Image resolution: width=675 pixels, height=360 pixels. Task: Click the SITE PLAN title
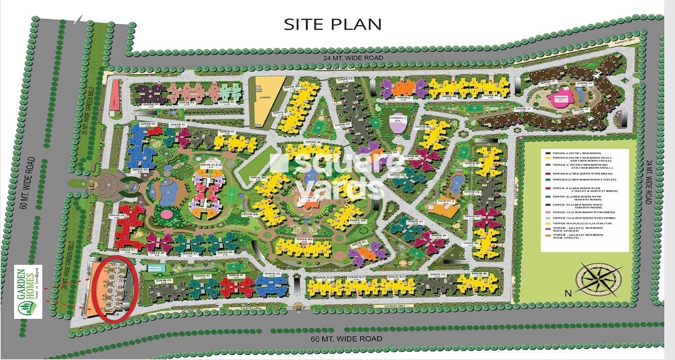pos(332,24)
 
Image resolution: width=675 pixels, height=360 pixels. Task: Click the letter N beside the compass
pos(568,293)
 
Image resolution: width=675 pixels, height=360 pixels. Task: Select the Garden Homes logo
pos(28,291)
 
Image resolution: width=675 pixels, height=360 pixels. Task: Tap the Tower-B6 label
pos(479,274)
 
